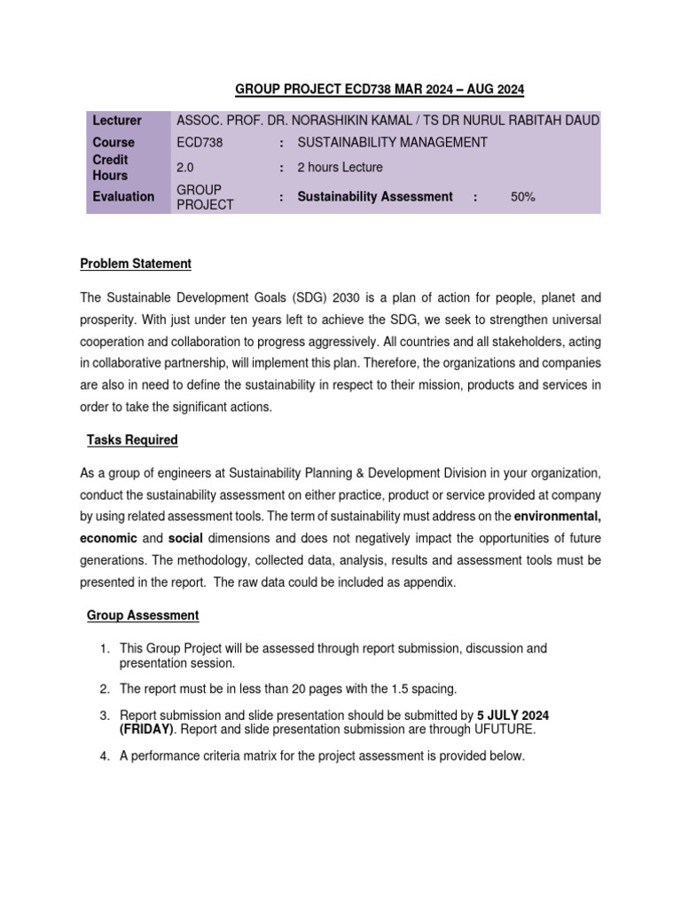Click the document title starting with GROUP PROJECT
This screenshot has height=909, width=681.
[x=380, y=89]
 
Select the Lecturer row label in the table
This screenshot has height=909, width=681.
[x=115, y=121]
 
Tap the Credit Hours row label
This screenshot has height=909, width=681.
[x=111, y=168]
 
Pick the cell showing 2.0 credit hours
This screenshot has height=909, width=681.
[x=185, y=168]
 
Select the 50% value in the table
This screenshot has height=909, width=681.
[x=523, y=197]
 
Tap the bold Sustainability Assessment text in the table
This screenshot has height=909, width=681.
[x=374, y=197]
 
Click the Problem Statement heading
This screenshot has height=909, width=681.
[x=136, y=264]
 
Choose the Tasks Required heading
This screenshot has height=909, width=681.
[x=132, y=439]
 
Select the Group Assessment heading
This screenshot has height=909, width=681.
[x=143, y=615]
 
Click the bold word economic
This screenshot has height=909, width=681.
[x=108, y=538]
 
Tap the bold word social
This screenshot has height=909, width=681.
[x=186, y=538]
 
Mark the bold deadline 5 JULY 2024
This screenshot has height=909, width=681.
[x=519, y=715]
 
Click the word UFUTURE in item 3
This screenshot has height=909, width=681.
[x=503, y=730]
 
